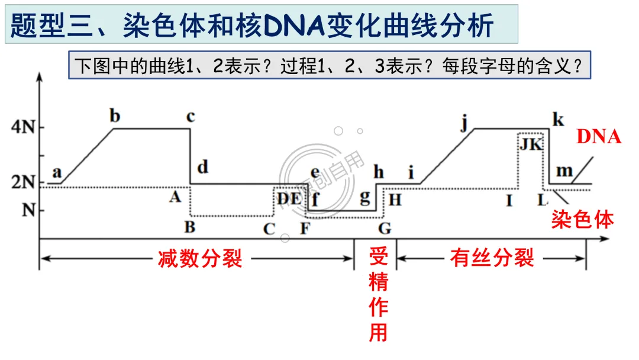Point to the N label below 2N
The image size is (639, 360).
pyautogui.click(x=28, y=210)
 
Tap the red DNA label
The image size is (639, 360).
pyautogui.click(x=599, y=137)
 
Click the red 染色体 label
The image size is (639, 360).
pyautogui.click(x=582, y=220)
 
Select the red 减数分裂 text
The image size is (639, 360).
pyautogui.click(x=200, y=259)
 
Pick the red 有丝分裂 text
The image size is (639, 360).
pyautogui.click(x=492, y=259)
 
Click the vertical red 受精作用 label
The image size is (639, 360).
pyautogui.click(x=378, y=294)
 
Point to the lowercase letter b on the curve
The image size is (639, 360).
pyautogui.click(x=115, y=115)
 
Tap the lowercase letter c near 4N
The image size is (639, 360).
pyautogui.click(x=190, y=117)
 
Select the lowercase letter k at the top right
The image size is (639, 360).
pyautogui.click(x=557, y=119)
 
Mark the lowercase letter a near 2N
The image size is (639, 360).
pyautogui.click(x=57, y=172)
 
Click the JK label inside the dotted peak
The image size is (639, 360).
pyautogui.click(x=531, y=144)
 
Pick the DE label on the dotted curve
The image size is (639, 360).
pyautogui.click(x=289, y=198)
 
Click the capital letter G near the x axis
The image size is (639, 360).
pyautogui.click(x=385, y=228)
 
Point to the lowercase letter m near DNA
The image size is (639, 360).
pyautogui.click(x=565, y=171)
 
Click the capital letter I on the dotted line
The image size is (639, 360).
pyautogui.click(x=509, y=200)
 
